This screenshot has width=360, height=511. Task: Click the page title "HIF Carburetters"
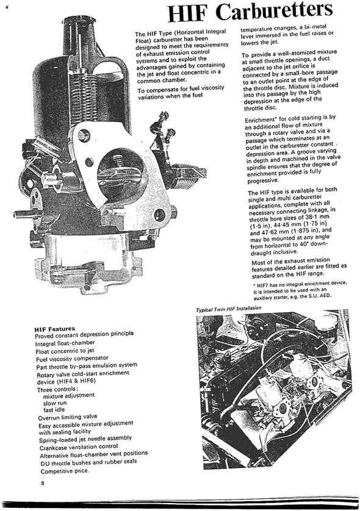coord(251,12)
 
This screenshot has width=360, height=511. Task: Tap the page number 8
coord(42,484)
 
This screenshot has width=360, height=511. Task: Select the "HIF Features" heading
coord(55,329)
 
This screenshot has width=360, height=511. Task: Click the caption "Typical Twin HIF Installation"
coord(229,309)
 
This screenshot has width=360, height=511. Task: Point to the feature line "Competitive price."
coord(65,471)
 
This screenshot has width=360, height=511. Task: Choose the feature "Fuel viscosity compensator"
coord(72,358)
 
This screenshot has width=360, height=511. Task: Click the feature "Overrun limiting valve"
coord(68,417)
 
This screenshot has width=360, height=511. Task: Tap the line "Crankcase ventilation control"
coord(79,447)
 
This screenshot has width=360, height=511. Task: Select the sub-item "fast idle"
coord(54,410)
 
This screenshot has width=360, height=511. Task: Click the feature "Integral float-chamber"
coord(65,343)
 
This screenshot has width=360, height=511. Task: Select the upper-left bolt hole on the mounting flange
coord(84,134)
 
